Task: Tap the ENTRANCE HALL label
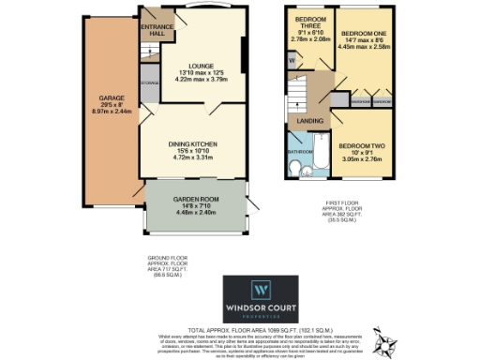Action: pos(155,29)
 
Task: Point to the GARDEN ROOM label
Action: pos(196,199)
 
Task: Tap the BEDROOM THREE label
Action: pos(309,23)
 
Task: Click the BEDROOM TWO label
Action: pos(366,146)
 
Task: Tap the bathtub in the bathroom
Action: pos(316,157)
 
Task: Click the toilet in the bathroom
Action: pos(295,170)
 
